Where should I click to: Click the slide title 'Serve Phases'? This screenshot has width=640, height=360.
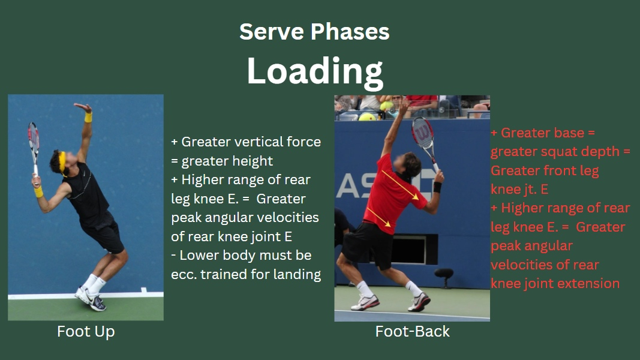coord(314,32)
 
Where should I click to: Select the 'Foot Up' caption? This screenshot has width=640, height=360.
coord(86,331)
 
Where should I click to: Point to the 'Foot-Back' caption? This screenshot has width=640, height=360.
coord(412,331)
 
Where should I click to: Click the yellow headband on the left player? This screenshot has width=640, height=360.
coord(62,161)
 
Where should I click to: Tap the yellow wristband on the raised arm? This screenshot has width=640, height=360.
coord(88,118)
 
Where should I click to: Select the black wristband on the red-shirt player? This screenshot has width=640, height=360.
coord(437,187)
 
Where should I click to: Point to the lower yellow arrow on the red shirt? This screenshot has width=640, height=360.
coord(378,217)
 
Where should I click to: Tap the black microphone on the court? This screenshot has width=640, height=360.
coord(444,277)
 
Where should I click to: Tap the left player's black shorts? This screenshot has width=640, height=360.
coord(103,234)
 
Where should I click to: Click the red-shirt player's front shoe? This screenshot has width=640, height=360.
coord(419,302)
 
